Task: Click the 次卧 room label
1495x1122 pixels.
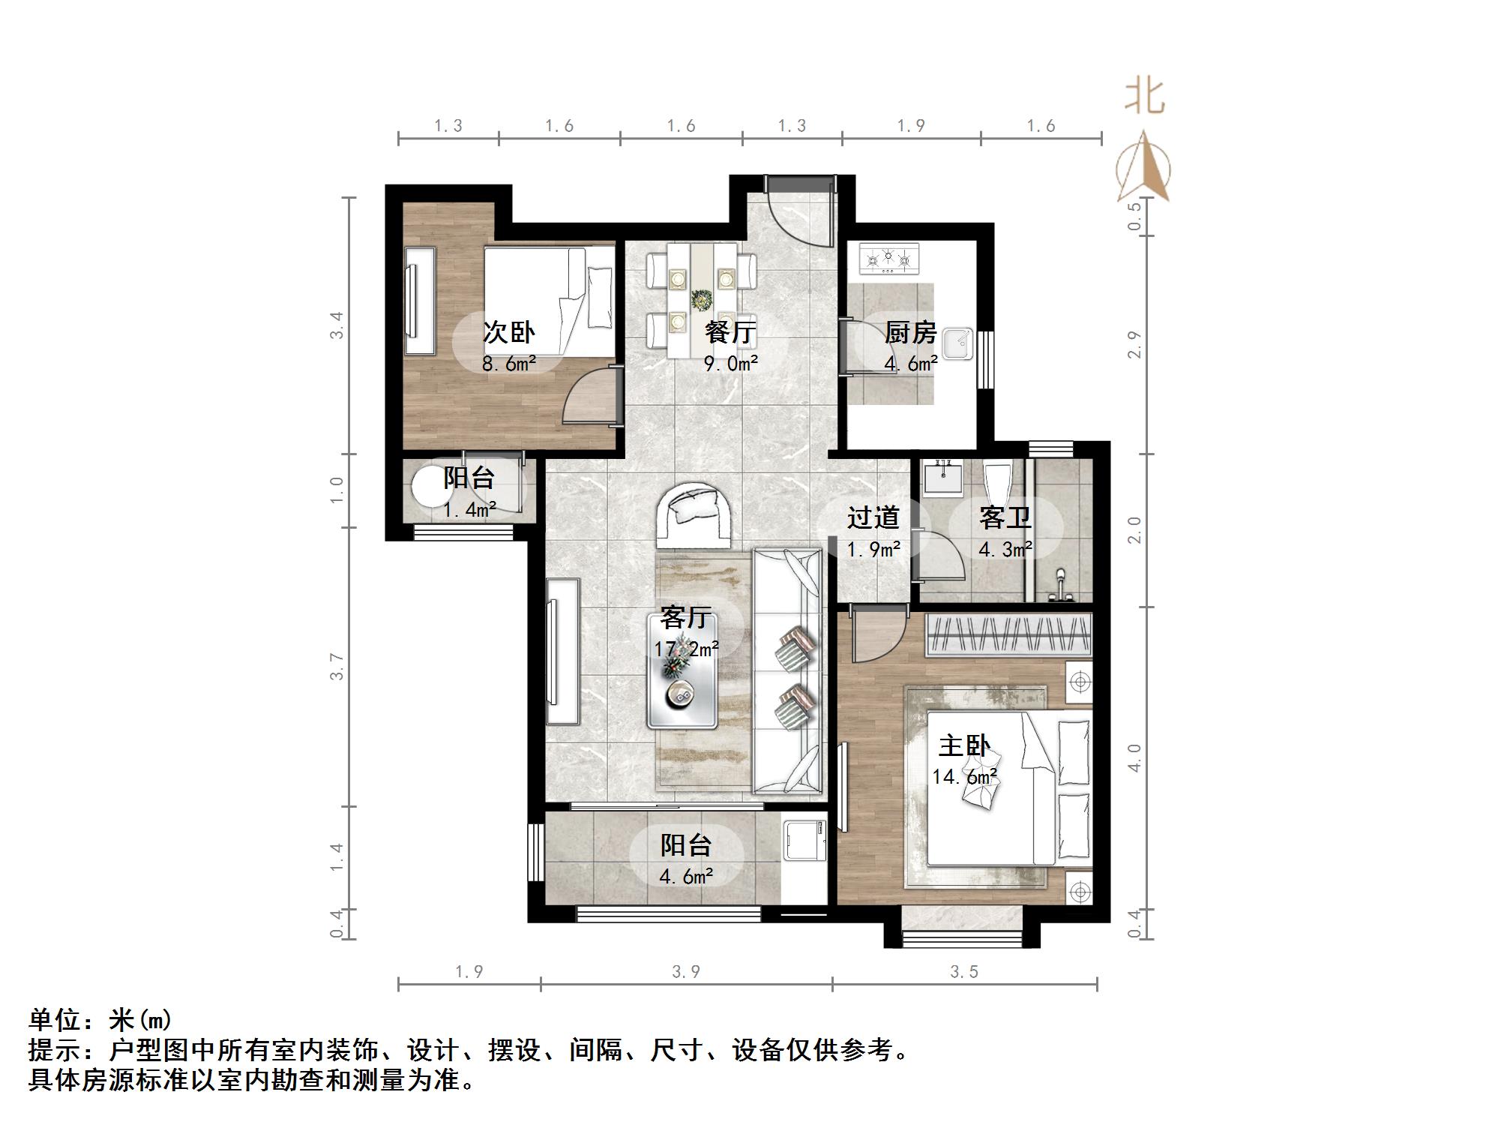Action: pyautogui.click(x=508, y=332)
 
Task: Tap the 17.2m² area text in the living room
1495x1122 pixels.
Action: pyautogui.click(x=686, y=648)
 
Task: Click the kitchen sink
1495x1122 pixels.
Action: pyautogui.click(x=957, y=344)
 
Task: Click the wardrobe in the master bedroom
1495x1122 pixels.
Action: pyautogui.click(x=1008, y=634)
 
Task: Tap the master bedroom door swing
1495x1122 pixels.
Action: pyautogui.click(x=877, y=637)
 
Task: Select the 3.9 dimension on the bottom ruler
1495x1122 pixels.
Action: pyautogui.click(x=685, y=972)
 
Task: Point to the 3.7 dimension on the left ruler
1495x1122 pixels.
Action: pyautogui.click(x=337, y=667)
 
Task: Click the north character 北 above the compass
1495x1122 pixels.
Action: pyautogui.click(x=1144, y=97)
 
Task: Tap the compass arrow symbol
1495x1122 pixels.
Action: pyautogui.click(x=1144, y=169)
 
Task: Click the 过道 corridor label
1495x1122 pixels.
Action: pyautogui.click(x=873, y=517)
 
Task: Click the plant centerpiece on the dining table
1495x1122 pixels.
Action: pyautogui.click(x=702, y=301)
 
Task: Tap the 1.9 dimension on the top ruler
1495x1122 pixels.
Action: pyautogui.click(x=911, y=126)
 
